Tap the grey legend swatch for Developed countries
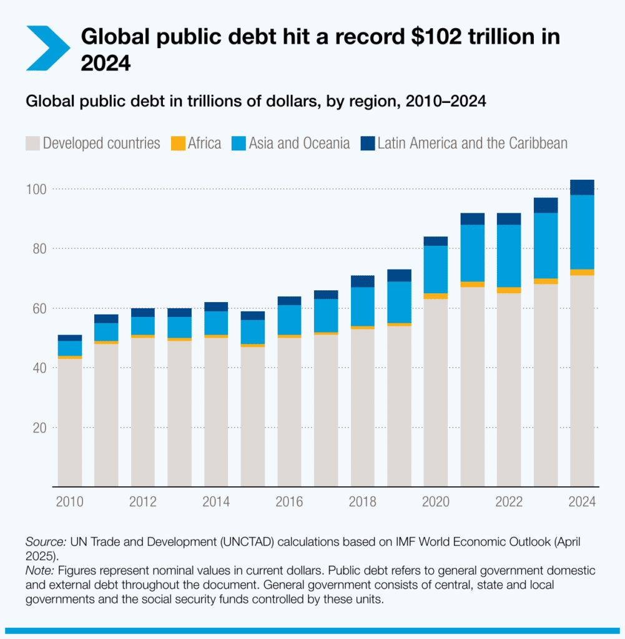[32, 144]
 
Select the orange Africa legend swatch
[178, 144]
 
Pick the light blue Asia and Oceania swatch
[239, 144]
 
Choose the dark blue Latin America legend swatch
[368, 144]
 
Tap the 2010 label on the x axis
[70, 502]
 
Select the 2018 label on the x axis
[363, 502]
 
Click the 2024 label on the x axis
[582, 502]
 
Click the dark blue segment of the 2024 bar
[582, 187]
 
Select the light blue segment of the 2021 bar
[473, 253]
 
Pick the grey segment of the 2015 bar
[253, 415]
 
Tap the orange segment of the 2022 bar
[509, 290]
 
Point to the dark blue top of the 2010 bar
[70, 338]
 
